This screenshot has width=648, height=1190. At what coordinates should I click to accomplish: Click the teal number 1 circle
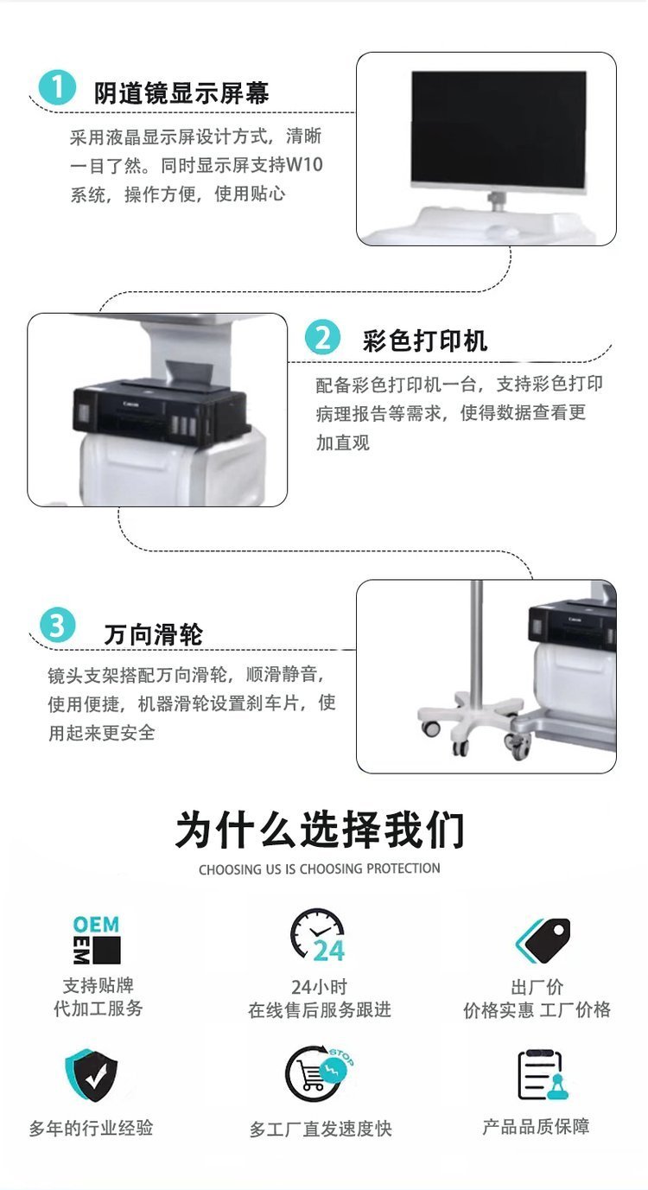(57, 86)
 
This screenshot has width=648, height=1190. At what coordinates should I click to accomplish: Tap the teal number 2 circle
(323, 337)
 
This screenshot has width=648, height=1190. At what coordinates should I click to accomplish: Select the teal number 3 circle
(57, 625)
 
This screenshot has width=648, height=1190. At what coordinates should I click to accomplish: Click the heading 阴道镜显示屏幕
(181, 93)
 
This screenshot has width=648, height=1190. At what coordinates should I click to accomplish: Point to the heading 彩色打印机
(425, 340)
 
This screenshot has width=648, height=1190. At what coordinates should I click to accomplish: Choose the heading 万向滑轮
(154, 634)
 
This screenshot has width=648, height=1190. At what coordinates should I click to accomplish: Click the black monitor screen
(499, 128)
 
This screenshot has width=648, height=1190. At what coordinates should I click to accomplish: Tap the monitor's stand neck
(497, 200)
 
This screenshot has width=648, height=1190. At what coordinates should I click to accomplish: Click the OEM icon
(96, 939)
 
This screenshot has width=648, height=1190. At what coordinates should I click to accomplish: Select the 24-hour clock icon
(318, 936)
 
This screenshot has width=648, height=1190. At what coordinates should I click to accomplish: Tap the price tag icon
(543, 939)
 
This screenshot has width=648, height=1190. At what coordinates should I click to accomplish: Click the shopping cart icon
(319, 1073)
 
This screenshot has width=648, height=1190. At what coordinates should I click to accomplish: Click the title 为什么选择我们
(320, 830)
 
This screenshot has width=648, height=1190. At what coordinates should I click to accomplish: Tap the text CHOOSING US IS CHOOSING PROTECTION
(320, 869)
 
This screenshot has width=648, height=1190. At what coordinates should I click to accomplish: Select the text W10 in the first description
(304, 165)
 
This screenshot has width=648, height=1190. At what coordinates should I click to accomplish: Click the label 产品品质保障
(536, 1126)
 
